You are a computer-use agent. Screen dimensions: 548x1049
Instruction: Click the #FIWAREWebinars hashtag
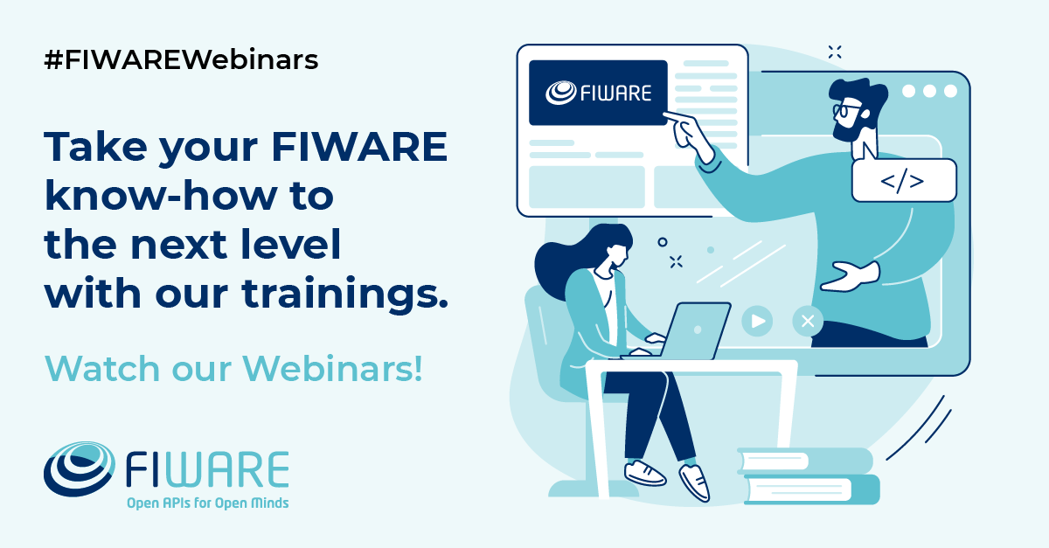click(181, 60)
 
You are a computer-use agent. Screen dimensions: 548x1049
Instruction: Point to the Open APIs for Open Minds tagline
click(207, 503)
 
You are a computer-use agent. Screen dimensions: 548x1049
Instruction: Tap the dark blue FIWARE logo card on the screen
click(598, 93)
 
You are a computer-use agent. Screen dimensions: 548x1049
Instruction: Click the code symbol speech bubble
click(903, 181)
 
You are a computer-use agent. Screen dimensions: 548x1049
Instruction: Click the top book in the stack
click(804, 461)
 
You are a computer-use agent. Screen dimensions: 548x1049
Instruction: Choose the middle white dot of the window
click(928, 91)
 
